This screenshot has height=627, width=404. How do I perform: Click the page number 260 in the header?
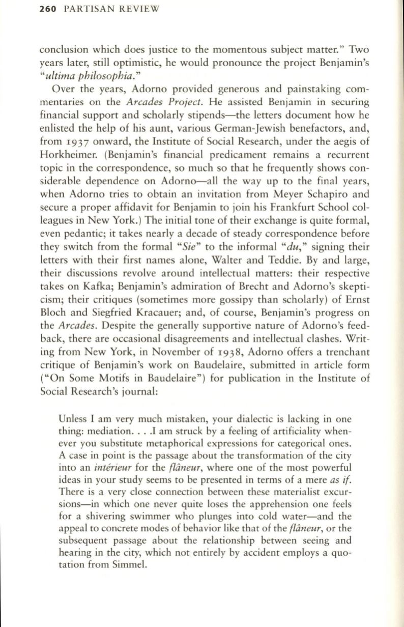pos(48,8)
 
